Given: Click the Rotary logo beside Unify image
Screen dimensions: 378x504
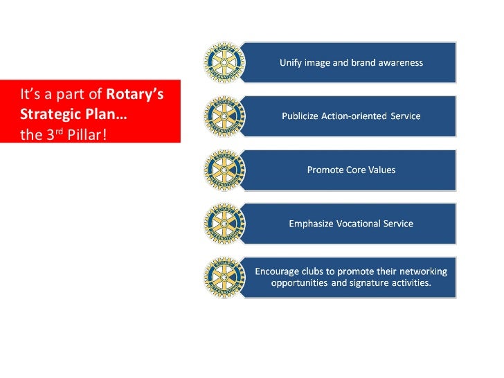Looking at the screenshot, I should [224, 62].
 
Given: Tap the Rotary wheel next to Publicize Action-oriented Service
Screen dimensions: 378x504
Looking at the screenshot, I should [224, 116].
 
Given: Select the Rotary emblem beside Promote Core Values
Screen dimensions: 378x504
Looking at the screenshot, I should [224, 170].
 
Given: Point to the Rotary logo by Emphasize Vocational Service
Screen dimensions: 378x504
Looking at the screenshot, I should [224, 224].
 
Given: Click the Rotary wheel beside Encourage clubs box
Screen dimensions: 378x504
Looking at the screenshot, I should [224, 277].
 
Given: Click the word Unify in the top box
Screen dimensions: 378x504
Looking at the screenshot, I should [291, 62].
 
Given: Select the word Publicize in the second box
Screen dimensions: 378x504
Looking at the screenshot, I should [300, 116].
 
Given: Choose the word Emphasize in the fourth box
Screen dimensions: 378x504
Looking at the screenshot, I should [312, 224].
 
